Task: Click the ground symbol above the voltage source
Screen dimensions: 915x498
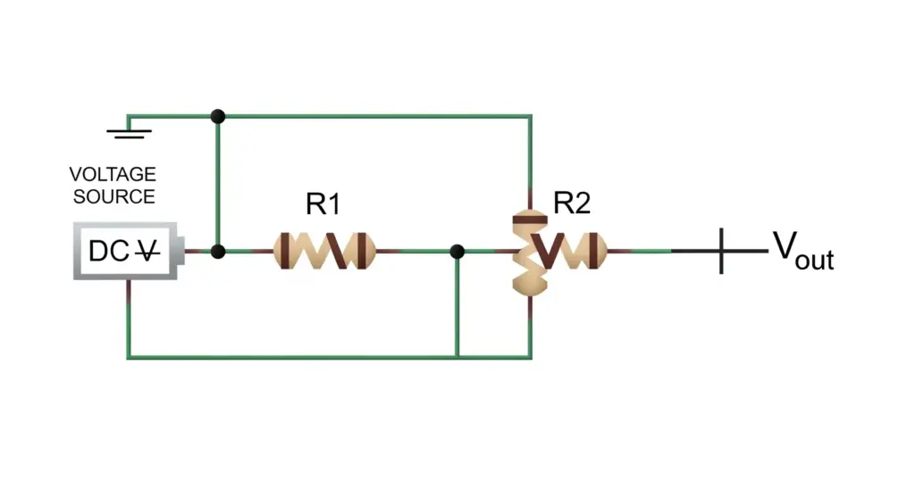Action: (129, 134)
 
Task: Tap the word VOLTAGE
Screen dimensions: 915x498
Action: (113, 174)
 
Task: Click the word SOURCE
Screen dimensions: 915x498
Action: (114, 196)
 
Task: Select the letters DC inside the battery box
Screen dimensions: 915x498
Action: (109, 252)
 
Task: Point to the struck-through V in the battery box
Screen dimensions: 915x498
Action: (147, 252)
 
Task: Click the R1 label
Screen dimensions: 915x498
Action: (323, 204)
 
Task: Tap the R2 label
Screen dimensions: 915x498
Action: (572, 203)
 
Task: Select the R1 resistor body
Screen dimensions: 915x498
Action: (323, 251)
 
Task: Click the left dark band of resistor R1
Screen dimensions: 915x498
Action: (285, 251)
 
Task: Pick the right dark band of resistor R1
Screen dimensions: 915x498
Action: (363, 251)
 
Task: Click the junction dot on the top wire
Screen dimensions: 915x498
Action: (218, 116)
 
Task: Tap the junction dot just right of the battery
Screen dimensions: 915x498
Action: (218, 252)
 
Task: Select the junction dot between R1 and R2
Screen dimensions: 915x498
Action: (457, 252)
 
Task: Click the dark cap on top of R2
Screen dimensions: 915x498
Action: (530, 220)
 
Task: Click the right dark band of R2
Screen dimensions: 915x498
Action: (593, 251)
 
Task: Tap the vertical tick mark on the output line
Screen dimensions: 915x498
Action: (722, 251)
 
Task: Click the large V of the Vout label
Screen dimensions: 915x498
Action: (785, 245)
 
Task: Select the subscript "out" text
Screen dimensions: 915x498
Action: (815, 260)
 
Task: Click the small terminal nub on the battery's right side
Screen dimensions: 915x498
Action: (180, 251)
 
